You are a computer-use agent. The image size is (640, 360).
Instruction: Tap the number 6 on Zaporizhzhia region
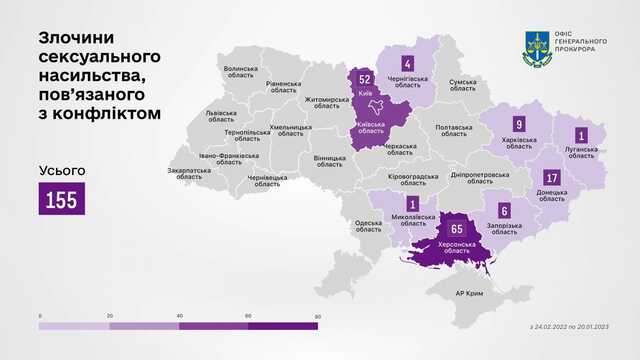504,211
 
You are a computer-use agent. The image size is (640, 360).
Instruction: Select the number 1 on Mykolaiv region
413,204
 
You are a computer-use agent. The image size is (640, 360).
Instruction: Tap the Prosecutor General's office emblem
539,43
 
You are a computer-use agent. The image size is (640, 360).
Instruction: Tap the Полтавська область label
454,130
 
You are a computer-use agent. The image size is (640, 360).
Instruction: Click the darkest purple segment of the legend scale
284,325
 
